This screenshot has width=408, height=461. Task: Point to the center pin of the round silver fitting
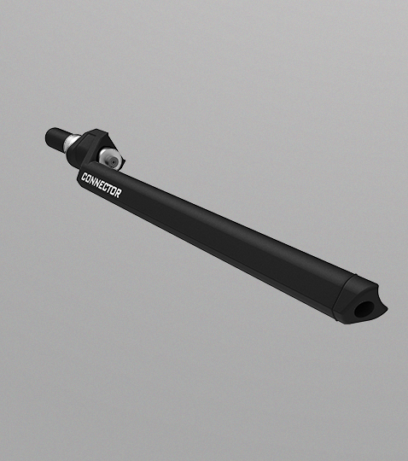(x=113, y=161)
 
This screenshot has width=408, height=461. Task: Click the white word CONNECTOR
(x=101, y=185)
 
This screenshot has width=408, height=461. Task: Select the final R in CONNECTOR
(x=118, y=194)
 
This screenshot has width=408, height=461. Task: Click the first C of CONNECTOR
(x=84, y=177)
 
